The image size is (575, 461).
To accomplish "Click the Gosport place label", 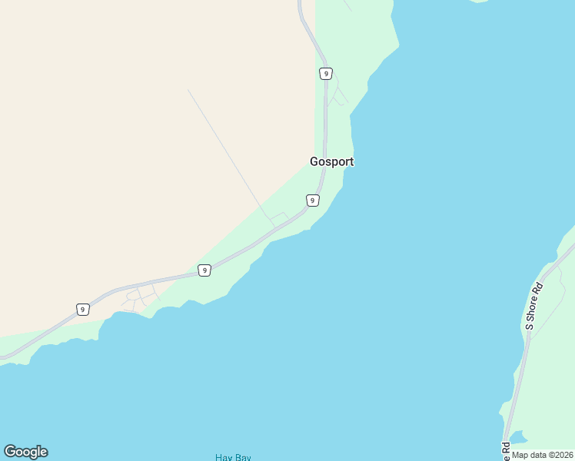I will tap(331, 162).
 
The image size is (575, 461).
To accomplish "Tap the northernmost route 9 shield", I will tap(326, 74).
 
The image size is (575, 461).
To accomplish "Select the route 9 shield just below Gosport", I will tap(312, 201).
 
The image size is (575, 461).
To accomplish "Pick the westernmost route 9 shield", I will tap(82, 310).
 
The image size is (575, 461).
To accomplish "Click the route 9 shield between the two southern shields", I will tap(204, 270).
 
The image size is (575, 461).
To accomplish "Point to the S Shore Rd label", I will tap(534, 307).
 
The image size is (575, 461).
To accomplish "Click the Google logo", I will tap(25, 452).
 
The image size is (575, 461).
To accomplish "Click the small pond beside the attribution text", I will tap(518, 438).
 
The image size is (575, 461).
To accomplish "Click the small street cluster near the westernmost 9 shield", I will tap(140, 297).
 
